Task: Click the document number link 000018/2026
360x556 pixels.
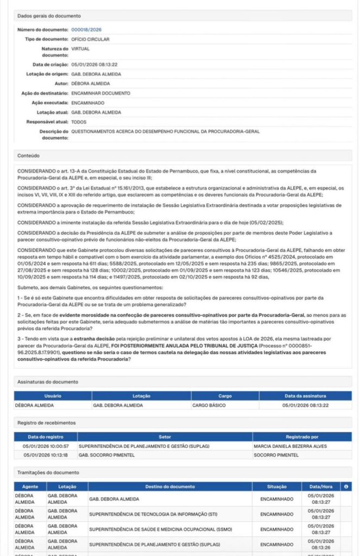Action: [x=86, y=29]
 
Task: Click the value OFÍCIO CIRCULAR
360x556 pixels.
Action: [x=90, y=39]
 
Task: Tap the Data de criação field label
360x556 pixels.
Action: [x=50, y=65]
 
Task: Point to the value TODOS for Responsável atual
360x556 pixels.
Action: [x=79, y=122]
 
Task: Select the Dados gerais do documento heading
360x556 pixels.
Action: [x=49, y=16]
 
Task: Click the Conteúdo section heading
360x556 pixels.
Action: [x=29, y=156]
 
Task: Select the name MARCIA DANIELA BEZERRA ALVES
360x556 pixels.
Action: [x=290, y=446]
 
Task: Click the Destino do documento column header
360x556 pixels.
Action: [x=169, y=486]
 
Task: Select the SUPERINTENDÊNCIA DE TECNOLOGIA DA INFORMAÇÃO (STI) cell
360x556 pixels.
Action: [x=157, y=513]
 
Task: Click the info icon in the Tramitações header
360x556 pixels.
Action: [x=346, y=486]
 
